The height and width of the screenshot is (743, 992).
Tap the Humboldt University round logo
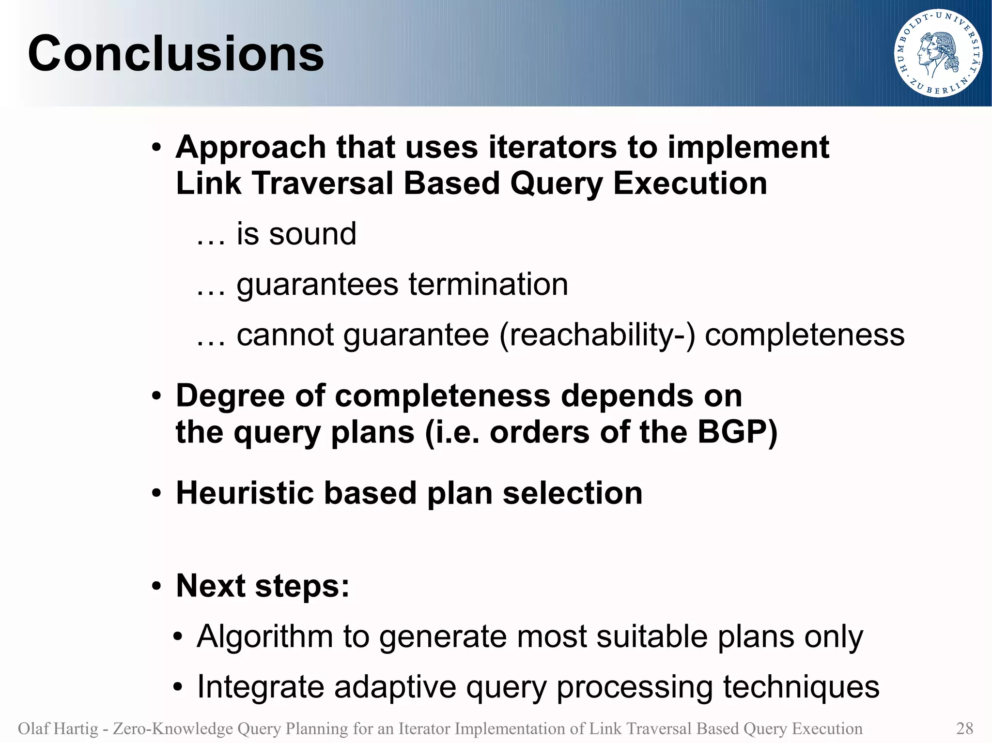938,53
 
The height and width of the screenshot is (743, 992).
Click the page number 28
964,728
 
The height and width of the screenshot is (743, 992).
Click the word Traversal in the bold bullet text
322,184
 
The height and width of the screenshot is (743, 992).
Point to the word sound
312,234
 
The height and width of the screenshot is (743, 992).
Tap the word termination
488,284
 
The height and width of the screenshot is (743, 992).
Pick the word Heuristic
244,493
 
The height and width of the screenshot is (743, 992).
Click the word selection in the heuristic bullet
573,493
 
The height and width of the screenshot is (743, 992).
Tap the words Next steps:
262,586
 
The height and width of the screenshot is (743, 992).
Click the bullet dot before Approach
155,148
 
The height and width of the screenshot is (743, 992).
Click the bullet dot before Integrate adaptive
178,687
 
